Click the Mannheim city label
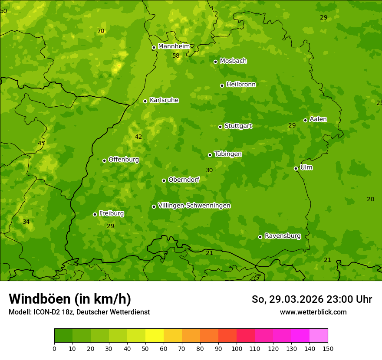(174, 46)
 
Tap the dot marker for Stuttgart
(220, 127)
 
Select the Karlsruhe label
(164, 100)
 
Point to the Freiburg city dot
(95, 214)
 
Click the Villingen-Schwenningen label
(194, 206)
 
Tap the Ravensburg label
(282, 236)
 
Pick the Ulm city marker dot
(296, 168)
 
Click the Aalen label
(318, 119)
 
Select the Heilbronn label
(241, 85)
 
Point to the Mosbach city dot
(215, 62)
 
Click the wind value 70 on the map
(101, 31)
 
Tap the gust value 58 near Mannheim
(176, 56)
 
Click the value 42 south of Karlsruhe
(138, 137)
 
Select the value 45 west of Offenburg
(41, 144)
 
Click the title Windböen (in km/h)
(70, 299)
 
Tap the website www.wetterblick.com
(313, 312)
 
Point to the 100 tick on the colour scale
(237, 348)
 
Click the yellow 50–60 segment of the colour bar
(155, 336)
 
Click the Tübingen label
(227, 154)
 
